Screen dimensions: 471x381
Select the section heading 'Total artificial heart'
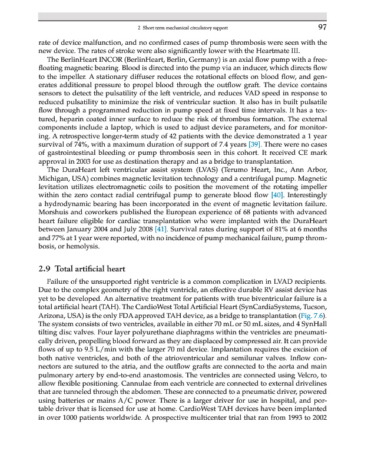pyautogui.click(x=91, y=269)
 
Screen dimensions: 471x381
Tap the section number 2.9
pyautogui.click(x=44, y=269)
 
